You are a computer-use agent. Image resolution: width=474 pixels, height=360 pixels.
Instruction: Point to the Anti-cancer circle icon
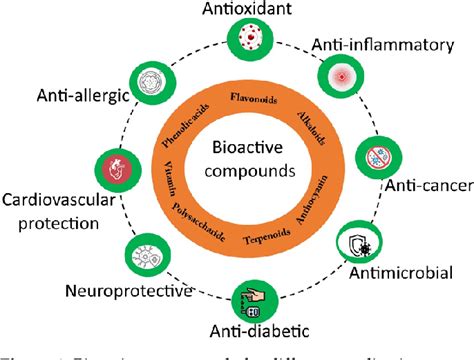click(378, 160)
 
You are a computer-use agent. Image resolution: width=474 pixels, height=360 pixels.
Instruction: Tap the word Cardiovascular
click(58, 197)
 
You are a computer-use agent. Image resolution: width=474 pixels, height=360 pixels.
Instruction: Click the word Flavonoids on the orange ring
click(254, 98)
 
